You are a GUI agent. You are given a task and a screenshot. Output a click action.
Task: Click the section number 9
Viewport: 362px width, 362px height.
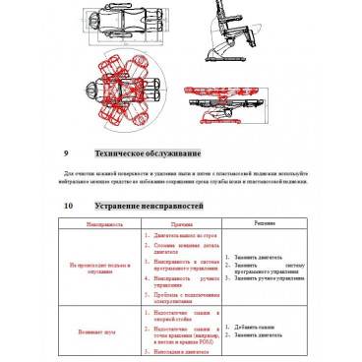click(65, 154)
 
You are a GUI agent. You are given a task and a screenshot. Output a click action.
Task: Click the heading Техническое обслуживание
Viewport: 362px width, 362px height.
click(147, 154)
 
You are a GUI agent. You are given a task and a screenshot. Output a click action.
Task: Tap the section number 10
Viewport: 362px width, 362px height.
click(67, 207)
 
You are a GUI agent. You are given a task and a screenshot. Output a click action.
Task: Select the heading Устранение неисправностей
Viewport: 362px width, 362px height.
click(149, 207)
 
